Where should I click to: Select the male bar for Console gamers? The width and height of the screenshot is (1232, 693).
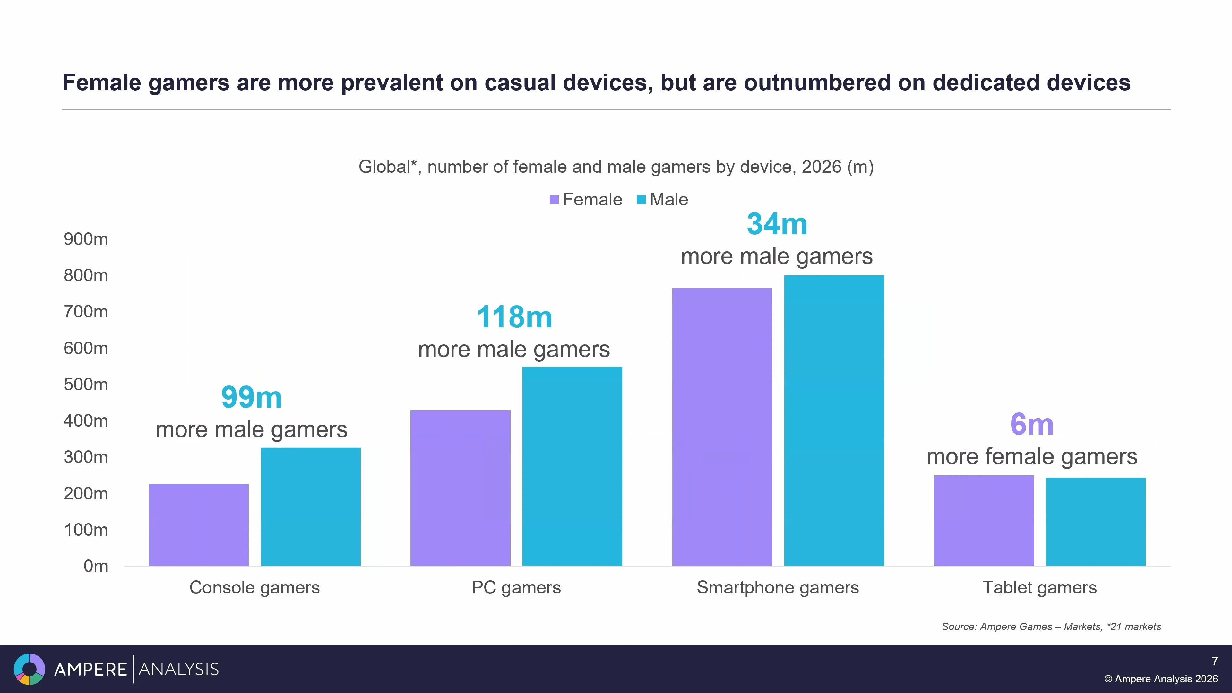tap(310, 507)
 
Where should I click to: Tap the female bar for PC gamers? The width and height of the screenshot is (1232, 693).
tap(460, 488)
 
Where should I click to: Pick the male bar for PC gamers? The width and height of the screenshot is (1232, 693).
tap(572, 466)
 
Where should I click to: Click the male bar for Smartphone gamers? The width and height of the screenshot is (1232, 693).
tap(834, 420)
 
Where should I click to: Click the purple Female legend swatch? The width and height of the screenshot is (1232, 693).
tap(554, 200)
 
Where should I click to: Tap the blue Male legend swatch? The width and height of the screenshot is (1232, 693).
tap(641, 200)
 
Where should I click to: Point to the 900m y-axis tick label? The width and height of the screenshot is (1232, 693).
tap(86, 239)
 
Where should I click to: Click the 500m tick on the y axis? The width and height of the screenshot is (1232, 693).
tap(86, 385)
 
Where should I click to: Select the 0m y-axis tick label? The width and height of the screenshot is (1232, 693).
tap(95, 566)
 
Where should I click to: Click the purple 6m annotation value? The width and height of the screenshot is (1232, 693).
tap(1032, 424)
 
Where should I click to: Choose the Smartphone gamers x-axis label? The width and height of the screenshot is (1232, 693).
tap(778, 587)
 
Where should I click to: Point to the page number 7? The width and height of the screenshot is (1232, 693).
tap(1214, 662)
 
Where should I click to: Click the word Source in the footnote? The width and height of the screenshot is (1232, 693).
tap(959, 627)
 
